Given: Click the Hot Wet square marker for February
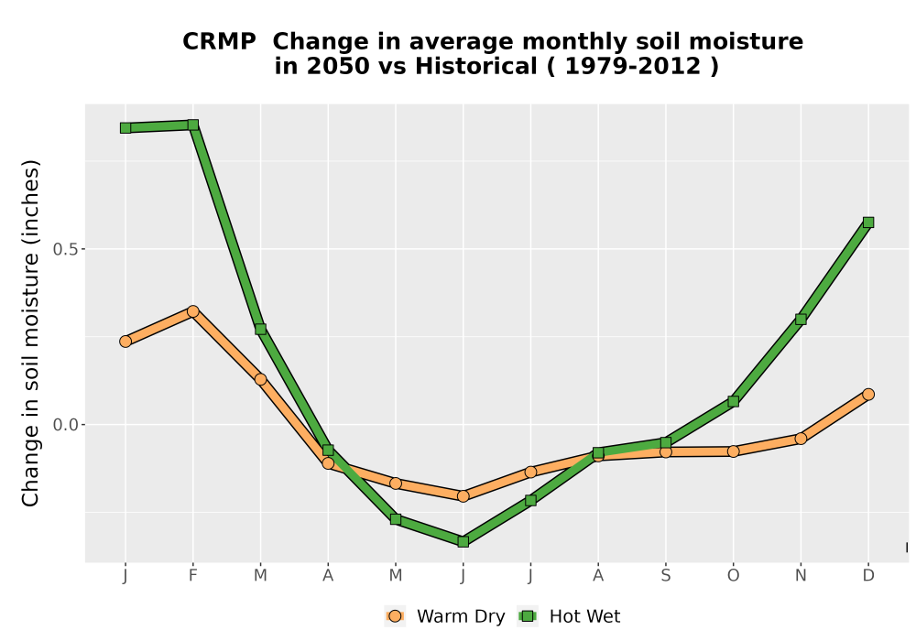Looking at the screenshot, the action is (192, 125).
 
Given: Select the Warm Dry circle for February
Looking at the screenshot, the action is (192, 311).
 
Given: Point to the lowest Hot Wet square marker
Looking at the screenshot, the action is (463, 542).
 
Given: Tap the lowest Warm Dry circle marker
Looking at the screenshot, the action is (463, 496).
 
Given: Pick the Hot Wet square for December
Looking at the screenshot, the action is (868, 223).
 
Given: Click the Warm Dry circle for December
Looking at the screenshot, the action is (868, 395).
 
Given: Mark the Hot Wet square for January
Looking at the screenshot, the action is (125, 128).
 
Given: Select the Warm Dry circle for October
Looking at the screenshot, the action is (733, 451).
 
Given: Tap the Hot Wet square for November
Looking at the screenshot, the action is (801, 320).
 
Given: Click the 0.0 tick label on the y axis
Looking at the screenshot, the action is (65, 424).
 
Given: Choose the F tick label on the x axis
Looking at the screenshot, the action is (192, 576).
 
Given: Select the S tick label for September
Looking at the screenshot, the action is (665, 576).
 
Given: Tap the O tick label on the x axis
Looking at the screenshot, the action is (733, 576).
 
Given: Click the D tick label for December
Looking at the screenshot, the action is (868, 576).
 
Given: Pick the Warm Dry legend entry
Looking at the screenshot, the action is (444, 616).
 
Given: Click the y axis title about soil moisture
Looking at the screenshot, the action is (30, 333).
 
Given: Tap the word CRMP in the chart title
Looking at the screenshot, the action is (219, 42).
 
